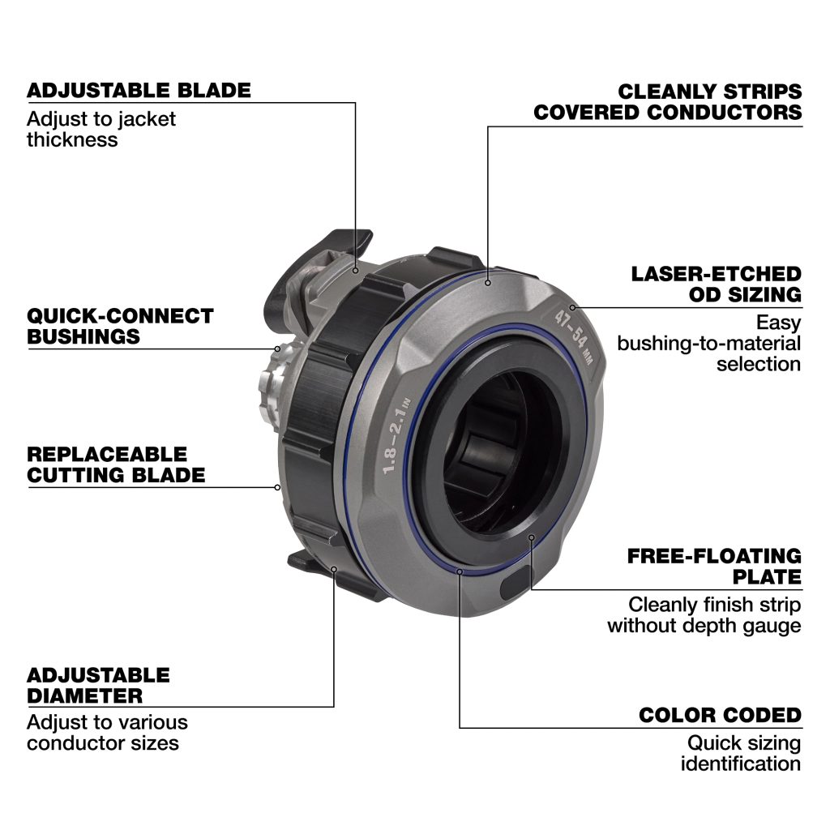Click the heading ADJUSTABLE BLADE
coord(139,91)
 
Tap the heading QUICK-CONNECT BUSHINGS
coord(120,326)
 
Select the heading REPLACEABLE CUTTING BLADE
coord(116,464)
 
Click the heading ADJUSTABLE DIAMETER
coord(98,686)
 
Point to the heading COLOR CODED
coord(721,715)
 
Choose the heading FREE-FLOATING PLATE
coord(715,567)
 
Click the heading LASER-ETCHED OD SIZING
coord(717,285)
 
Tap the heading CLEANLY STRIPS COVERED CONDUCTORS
coord(668,102)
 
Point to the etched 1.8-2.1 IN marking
coord(397,435)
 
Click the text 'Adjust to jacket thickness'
coord(101,129)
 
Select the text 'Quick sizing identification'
coord(741,753)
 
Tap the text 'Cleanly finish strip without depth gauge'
coord(704,615)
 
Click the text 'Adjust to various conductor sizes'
coord(108,733)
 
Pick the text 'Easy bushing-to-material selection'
coord(708,343)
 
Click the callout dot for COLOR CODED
coord(460,571)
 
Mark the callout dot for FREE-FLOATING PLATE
coord(532,538)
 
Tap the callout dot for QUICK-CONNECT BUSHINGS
coord(277,349)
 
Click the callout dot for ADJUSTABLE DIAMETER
coord(334,570)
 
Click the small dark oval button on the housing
coord(515,583)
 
